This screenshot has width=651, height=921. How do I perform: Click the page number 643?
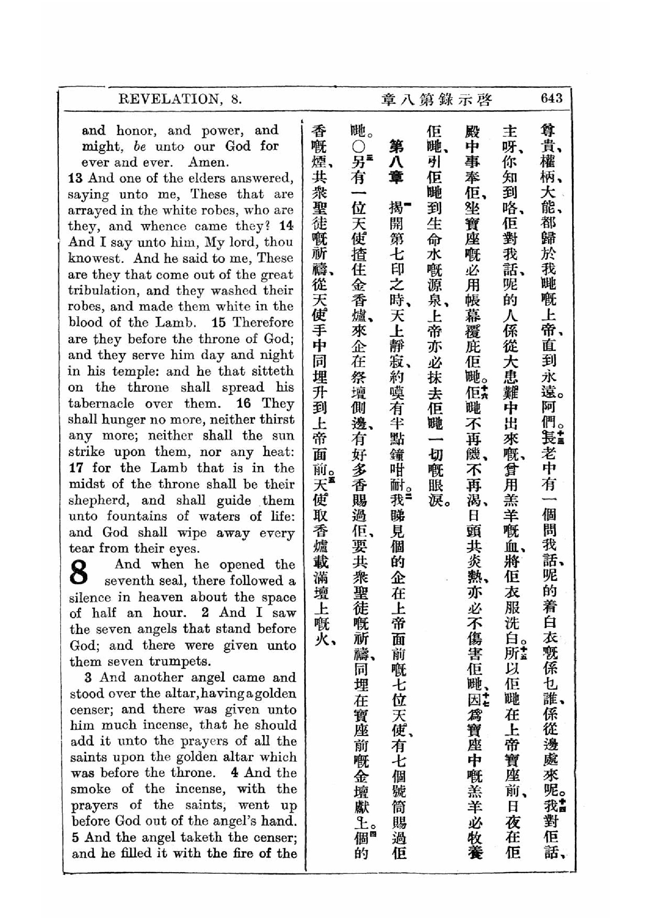[x=551, y=98]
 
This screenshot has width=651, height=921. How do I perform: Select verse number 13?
[x=75, y=178]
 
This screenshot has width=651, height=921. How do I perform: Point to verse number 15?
[x=219, y=322]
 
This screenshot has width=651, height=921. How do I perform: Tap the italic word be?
[x=140, y=146]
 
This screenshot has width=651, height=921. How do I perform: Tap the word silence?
[x=89, y=597]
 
